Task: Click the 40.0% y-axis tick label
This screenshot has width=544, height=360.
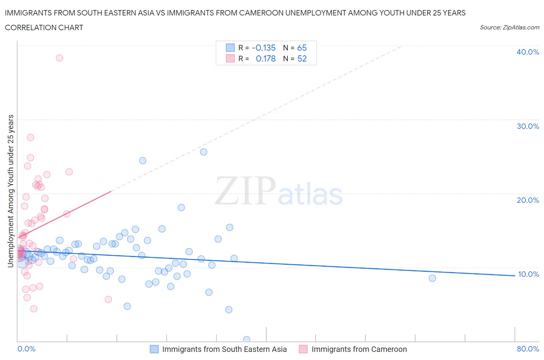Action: [527, 52]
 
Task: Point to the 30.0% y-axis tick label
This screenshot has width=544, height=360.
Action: [527, 126]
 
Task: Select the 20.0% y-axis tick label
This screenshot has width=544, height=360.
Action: [527, 200]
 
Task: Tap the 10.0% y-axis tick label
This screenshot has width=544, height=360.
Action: [528, 274]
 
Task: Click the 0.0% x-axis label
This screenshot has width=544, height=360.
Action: [26, 349]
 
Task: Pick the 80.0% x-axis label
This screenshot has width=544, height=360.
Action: [528, 349]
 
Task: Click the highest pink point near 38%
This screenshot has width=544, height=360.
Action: [59, 58]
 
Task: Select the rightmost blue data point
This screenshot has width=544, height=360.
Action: [432, 278]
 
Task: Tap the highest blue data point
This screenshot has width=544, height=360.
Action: [204, 152]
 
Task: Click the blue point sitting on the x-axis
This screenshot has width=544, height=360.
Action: [246, 339]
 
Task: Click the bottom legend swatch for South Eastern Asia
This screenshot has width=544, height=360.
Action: [154, 349]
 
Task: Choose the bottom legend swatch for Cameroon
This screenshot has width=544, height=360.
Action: [303, 349]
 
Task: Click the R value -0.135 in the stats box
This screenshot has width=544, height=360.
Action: [263, 48]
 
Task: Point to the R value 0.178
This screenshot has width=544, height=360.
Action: [265, 58]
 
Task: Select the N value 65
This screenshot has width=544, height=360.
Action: [302, 48]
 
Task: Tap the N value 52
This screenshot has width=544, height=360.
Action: [302, 58]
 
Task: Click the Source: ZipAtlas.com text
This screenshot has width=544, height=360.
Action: [509, 27]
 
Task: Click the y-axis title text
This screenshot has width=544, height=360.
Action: [11, 191]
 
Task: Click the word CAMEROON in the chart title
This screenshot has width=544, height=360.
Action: [261, 13]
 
